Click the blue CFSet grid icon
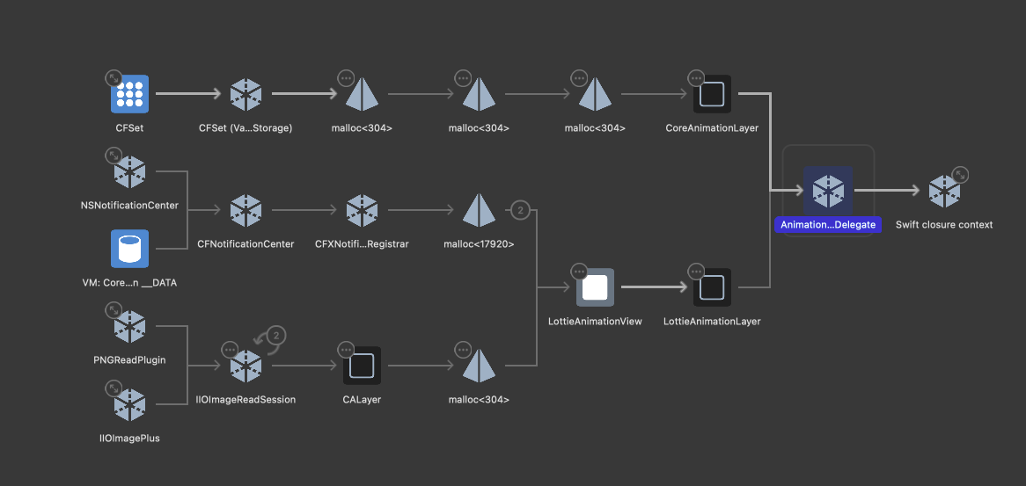click(x=129, y=94)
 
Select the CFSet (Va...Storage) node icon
click(x=246, y=94)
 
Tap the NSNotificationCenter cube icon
click(x=129, y=172)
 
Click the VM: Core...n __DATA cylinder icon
click(x=129, y=249)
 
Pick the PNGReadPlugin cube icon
click(x=129, y=327)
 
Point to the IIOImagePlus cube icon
click(x=129, y=404)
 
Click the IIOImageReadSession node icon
click(x=246, y=366)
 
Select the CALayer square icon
click(x=362, y=366)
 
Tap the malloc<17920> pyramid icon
click(x=479, y=210)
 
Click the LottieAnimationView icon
click(x=595, y=287)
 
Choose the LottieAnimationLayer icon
click(x=712, y=287)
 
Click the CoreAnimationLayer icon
click(x=712, y=94)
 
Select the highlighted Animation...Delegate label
click(x=828, y=225)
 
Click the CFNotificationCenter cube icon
click(x=246, y=210)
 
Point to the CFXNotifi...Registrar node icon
click(x=362, y=210)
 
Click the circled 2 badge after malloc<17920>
click(x=520, y=210)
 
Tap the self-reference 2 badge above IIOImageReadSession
click(x=276, y=335)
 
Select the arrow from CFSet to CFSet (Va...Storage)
click(x=190, y=93)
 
